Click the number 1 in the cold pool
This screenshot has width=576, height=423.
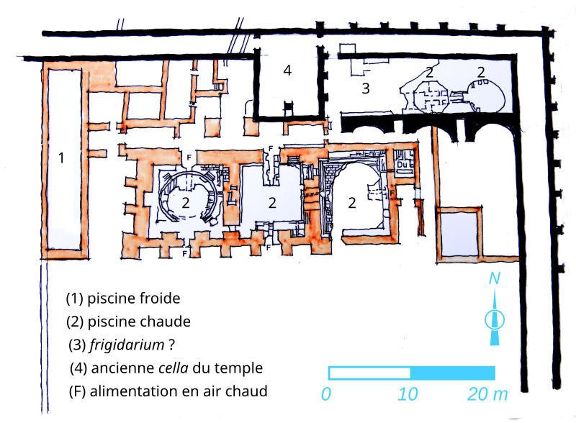61,158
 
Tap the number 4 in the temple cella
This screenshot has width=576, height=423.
287,70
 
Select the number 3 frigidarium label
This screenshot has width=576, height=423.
366,89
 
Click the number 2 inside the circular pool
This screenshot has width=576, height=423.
185,203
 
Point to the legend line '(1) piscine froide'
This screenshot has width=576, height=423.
122,298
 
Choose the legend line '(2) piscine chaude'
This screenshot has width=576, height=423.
128,321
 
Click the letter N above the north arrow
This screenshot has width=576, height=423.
495,280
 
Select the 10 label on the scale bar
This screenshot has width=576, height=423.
408,394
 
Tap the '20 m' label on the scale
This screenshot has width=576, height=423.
488,394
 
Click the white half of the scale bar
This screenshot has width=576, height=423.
369,373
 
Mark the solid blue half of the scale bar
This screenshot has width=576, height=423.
453,373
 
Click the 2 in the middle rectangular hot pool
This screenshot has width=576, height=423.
272,203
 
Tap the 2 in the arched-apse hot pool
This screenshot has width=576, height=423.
352,203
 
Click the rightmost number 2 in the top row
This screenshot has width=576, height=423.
481,71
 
